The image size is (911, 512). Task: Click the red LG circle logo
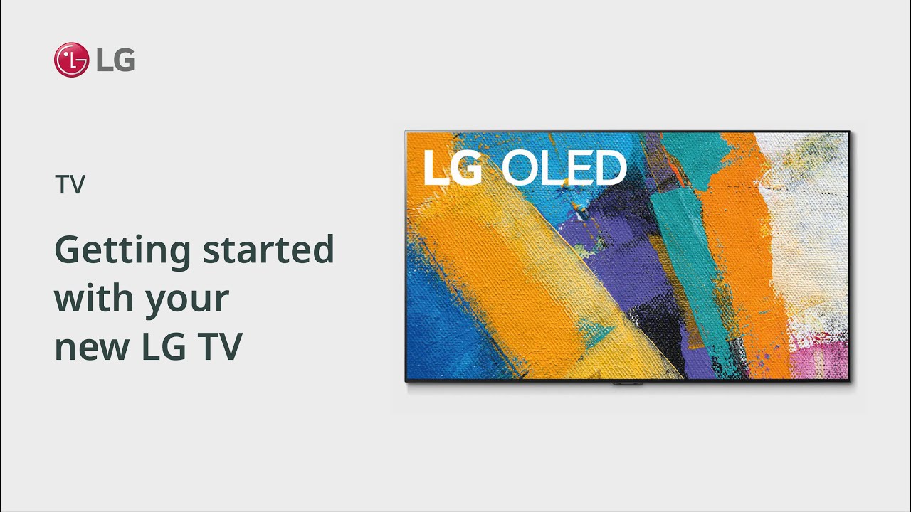pos(71,60)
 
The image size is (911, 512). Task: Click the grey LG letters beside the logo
pos(115,60)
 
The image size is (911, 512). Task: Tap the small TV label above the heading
pos(70,186)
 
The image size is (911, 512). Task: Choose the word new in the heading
pos(87,347)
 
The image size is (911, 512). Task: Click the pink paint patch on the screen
pos(826,359)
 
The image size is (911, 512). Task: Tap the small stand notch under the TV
pos(627,383)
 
